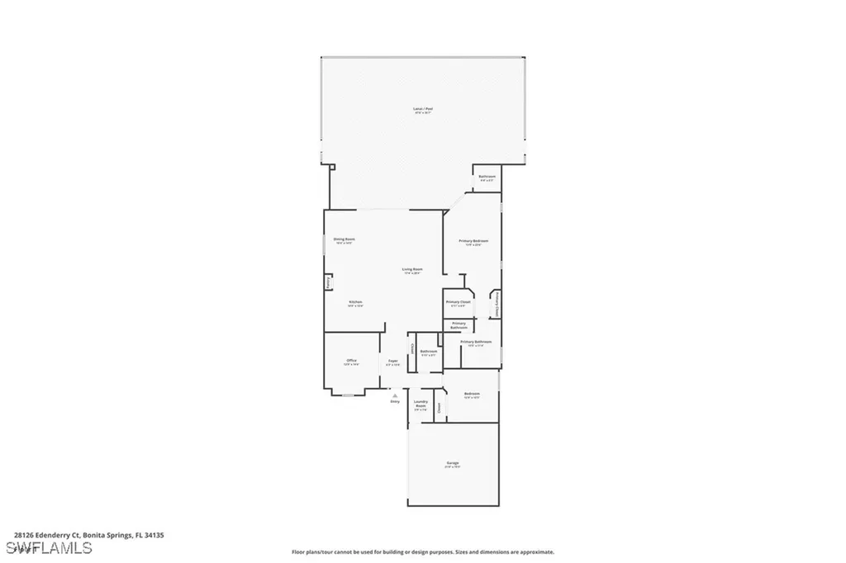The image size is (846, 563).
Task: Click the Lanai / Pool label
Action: [423, 109]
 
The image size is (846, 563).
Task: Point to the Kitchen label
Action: [355, 303]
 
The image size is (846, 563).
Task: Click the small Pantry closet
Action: [327, 282]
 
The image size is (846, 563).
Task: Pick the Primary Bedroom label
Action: [473, 241]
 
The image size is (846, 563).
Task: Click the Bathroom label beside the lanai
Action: [487, 177]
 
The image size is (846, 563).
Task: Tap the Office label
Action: [351, 362]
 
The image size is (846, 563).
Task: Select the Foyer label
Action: [393, 362]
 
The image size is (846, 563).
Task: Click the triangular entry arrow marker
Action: [394, 395]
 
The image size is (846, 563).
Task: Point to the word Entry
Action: [394, 402]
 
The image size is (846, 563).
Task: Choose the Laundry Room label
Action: [421, 405]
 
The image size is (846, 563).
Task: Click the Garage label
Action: [454, 463]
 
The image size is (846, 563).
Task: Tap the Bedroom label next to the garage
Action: [472, 394]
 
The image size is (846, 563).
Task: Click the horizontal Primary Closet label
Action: [458, 302]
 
